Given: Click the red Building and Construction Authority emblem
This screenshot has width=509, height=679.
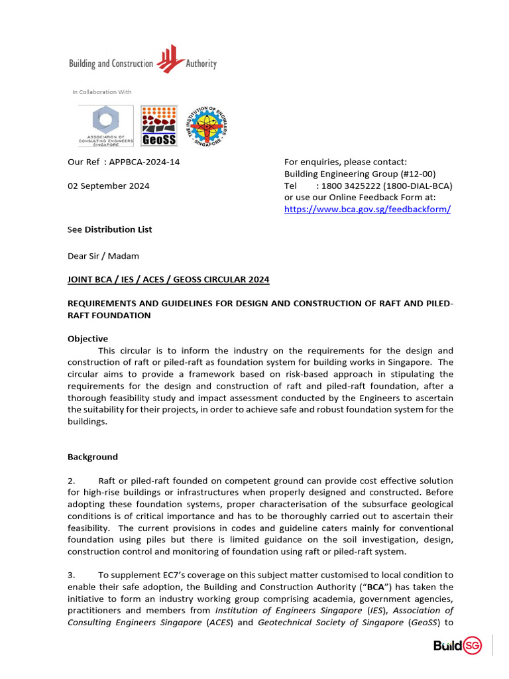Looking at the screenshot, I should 170,58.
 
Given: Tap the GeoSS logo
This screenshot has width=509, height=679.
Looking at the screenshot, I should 159,126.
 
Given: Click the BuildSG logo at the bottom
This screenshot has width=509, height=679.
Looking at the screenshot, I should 457,645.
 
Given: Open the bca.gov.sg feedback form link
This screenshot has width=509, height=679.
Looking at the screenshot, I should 367,209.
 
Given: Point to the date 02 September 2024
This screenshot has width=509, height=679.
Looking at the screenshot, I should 109,186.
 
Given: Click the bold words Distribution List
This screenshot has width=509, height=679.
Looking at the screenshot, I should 118,229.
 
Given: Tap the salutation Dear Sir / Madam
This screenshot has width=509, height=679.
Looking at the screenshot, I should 103,256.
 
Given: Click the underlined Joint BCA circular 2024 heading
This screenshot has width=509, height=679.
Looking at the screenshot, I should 168,279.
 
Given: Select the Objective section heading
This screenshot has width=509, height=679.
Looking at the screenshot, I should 87,338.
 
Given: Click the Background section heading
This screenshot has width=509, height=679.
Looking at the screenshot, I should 93,457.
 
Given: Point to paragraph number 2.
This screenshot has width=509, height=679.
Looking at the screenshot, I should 72,481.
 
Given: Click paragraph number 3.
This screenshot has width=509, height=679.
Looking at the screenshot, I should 72,575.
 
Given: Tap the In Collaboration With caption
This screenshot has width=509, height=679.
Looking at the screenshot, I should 102,92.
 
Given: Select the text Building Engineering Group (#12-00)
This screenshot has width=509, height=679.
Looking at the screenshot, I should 360,174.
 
